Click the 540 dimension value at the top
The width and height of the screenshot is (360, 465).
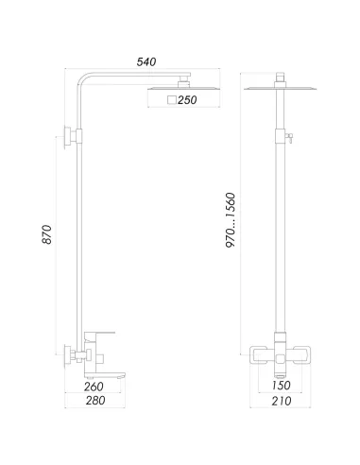point(146,61)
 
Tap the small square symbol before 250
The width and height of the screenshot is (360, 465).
point(170,99)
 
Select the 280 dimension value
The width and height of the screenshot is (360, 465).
point(94,402)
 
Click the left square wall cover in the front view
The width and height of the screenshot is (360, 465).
point(260,355)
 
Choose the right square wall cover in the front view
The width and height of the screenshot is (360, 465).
point(306,355)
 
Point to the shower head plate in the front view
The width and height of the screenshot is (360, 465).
point(283,89)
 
